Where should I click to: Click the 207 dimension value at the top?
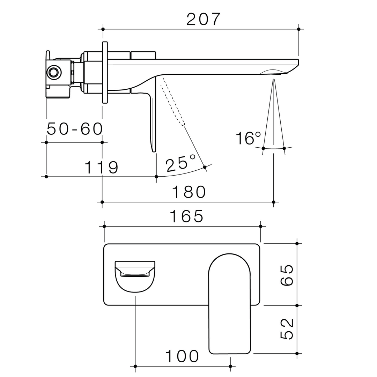pos(204,19)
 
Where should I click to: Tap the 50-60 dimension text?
pos(75,129)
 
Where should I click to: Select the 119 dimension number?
pos(102,168)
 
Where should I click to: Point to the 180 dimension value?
pos(189,192)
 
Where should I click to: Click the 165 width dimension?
pos(186,216)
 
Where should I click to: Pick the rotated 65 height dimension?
pos(287,275)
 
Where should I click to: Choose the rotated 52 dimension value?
pos(287,329)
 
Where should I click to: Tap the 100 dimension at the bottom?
pos(182,357)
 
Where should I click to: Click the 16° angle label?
pos(248,138)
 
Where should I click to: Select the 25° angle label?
pos(180,164)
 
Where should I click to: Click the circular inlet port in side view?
pos(53,72)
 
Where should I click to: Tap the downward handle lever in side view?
pos(153,119)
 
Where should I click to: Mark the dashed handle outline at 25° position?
pos(172,101)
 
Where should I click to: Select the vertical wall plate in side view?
pos(105,73)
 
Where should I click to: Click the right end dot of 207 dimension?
pos(299,29)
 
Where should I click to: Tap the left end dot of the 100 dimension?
pos(135,366)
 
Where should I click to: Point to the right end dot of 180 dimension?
pos(273,202)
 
